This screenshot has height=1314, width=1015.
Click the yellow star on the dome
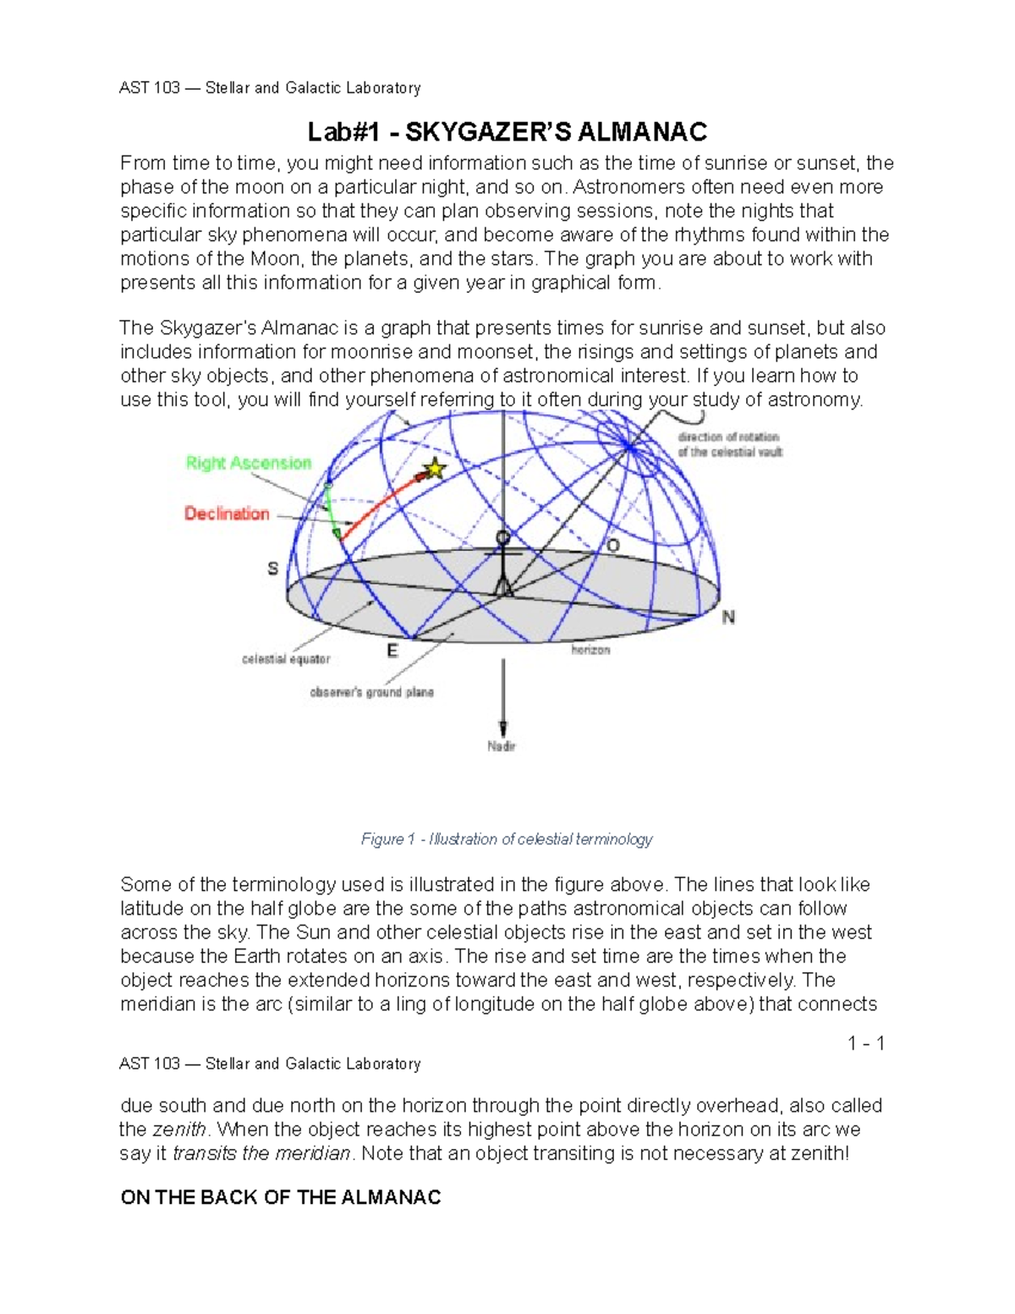tap(434, 468)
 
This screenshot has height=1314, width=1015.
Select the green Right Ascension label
tap(249, 463)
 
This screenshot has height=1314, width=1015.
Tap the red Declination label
tap(227, 514)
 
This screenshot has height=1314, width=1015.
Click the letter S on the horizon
tap(272, 569)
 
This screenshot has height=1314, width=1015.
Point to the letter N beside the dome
tap(728, 618)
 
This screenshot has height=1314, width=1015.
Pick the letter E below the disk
tap(392, 651)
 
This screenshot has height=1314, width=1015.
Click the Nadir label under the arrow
tap(501, 746)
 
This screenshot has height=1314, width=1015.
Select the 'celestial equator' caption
tap(286, 659)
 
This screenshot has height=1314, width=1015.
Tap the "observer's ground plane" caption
tap(371, 692)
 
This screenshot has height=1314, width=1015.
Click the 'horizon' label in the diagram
tap(590, 650)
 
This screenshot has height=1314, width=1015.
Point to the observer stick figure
tap(503, 563)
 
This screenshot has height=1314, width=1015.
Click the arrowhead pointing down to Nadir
tap(503, 728)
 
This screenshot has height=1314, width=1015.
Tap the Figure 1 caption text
tap(507, 838)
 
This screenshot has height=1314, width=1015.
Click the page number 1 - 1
tap(866, 1043)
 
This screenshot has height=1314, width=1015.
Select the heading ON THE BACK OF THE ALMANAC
tap(281, 1197)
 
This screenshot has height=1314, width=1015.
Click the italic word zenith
tap(178, 1130)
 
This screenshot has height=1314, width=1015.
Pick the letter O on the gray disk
tap(613, 547)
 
